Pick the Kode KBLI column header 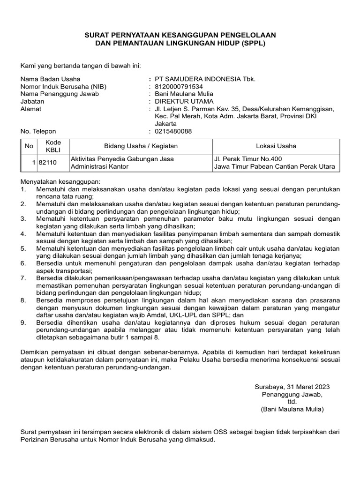click(x=50, y=146)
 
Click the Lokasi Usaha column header click(x=276, y=146)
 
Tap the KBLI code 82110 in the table click(x=48, y=162)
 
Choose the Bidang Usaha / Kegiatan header click(x=141, y=146)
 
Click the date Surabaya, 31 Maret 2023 click(x=292, y=387)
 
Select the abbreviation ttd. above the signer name click(x=292, y=402)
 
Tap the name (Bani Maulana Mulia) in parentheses click(x=292, y=409)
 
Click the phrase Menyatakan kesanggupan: click(x=60, y=181)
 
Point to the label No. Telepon click(x=38, y=131)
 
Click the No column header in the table click(x=29, y=146)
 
